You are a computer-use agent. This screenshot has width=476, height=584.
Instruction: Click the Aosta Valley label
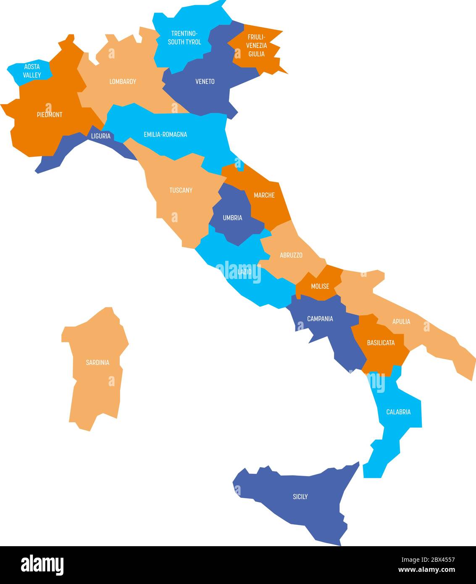click(32, 71)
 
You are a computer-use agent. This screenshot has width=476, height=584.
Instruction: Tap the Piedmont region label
click(50, 114)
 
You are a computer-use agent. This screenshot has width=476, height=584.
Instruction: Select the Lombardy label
click(123, 82)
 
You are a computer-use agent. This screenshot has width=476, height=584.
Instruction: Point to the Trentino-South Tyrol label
click(184, 38)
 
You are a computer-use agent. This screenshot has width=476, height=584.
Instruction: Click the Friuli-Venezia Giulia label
click(256, 45)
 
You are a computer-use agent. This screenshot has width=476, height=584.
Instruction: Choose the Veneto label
click(205, 82)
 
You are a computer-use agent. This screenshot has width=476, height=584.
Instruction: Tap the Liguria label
click(101, 136)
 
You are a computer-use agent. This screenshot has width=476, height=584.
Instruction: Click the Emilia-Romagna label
click(165, 134)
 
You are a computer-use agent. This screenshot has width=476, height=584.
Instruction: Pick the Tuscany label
click(181, 190)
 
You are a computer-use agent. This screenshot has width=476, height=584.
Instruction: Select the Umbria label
click(232, 218)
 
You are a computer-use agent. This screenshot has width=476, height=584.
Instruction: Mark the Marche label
click(264, 195)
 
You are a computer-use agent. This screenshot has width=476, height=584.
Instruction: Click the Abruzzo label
click(291, 255)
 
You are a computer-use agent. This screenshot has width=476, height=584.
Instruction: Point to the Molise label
click(320, 286)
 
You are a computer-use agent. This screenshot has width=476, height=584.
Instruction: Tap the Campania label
click(320, 318)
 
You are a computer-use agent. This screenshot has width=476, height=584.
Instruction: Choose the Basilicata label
click(381, 343)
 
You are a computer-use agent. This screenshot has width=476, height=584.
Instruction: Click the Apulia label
click(401, 321)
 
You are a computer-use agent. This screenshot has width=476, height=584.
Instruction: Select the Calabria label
click(398, 412)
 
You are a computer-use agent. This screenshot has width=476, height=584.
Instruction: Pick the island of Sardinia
click(97, 370)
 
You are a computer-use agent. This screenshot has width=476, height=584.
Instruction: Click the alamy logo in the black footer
click(42, 565)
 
